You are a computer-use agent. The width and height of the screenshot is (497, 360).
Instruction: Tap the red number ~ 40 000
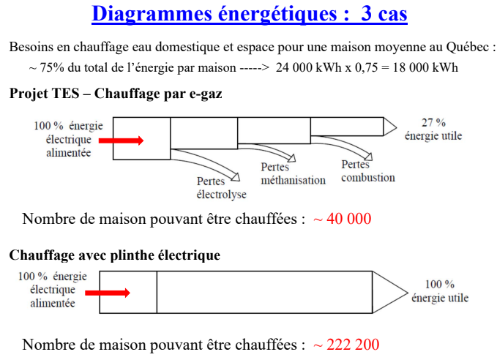tap(343, 219)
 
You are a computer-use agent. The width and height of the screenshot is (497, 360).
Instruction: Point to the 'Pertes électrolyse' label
tap(221, 188)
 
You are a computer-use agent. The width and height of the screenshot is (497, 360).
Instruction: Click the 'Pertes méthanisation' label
tap(293, 173)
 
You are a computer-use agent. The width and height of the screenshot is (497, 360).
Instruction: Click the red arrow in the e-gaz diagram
tap(122, 140)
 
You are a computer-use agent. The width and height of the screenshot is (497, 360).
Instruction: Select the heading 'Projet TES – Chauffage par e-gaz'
tap(116, 94)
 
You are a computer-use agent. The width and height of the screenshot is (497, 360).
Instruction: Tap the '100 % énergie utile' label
tap(440, 291)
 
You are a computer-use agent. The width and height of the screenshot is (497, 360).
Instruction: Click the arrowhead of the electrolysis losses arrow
tap(236, 176)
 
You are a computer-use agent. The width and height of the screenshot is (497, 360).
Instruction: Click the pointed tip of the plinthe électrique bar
tap(405, 292)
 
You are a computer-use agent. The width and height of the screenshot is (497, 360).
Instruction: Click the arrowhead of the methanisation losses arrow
tap(293, 157)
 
